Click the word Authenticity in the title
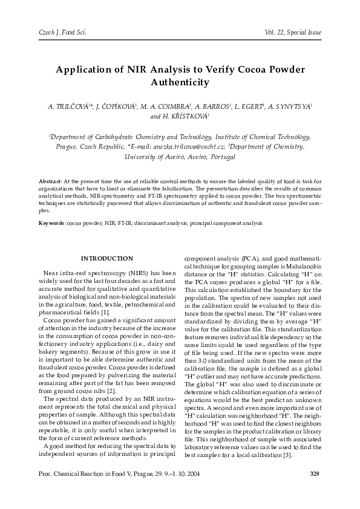click(x=180, y=82)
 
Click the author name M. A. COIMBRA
click(x=165, y=106)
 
